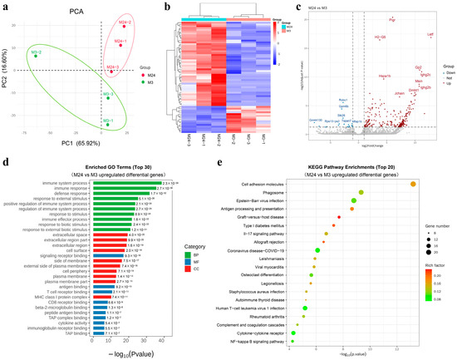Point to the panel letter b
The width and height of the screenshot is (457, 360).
point(170,6)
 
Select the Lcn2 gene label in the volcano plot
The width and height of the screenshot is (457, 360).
point(430,35)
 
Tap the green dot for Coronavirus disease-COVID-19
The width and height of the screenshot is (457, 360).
point(319,249)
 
